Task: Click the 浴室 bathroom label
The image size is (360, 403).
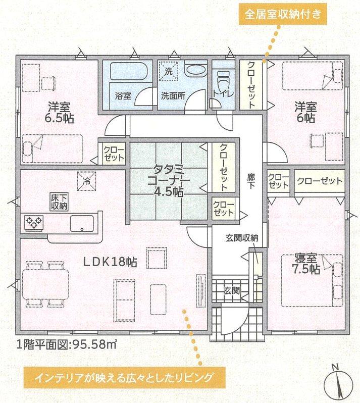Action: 123,96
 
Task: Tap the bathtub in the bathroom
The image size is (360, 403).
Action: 128,71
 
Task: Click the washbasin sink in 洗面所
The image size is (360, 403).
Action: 196,69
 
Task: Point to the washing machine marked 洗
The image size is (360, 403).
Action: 168,70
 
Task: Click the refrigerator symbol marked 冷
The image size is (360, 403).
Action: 87,181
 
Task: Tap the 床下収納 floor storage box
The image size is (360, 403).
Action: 59,202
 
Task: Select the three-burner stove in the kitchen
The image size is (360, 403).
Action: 33,222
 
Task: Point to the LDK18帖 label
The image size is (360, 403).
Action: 110,262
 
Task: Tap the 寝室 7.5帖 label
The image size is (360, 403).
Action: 306,264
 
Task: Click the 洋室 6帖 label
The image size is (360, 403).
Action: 305,112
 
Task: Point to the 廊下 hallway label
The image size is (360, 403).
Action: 251,181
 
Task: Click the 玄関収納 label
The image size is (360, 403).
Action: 241,238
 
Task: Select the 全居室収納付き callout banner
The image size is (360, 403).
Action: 283,14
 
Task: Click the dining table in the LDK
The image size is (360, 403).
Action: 46,284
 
